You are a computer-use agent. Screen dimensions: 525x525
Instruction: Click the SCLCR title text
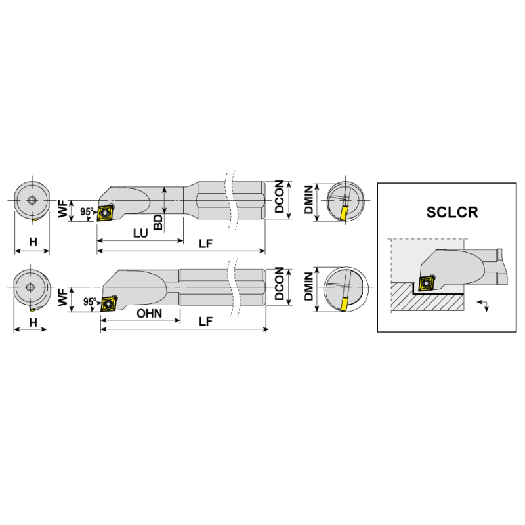[452, 212]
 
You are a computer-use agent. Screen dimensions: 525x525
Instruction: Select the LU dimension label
[140, 233]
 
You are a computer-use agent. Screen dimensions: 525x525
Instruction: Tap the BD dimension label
[157, 222]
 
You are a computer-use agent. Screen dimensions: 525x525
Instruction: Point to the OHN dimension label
[150, 314]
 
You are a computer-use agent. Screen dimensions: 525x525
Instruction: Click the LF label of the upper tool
[205, 243]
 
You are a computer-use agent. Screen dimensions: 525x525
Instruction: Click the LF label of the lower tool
[205, 322]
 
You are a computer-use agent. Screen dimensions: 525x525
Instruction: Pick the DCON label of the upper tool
[279, 196]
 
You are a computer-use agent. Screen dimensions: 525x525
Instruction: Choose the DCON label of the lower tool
[279, 283]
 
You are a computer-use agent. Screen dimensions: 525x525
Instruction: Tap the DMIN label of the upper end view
[308, 199]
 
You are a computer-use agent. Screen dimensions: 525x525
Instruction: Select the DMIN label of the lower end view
[308, 286]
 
